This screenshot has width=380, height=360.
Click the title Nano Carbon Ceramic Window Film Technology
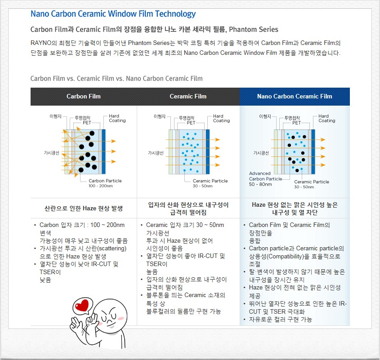point(113,14)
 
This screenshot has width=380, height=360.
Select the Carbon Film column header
point(84,96)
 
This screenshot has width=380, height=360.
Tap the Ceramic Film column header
point(188,96)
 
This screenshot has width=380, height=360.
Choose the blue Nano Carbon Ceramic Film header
point(295,96)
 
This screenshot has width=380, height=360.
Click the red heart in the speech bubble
point(82,307)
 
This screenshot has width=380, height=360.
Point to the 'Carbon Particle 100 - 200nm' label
point(105,183)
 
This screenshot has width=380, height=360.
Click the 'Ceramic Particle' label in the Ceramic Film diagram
point(210,181)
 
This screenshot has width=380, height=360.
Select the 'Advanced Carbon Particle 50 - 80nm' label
point(265,178)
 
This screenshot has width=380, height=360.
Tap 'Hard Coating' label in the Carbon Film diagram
point(117,119)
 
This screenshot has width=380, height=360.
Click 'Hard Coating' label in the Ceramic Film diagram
point(221,119)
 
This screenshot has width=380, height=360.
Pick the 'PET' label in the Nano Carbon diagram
point(296,122)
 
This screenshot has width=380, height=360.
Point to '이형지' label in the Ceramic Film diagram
point(160,116)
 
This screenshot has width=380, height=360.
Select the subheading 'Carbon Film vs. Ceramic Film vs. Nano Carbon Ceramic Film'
point(116,79)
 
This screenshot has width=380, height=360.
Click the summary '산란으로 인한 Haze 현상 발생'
point(84,209)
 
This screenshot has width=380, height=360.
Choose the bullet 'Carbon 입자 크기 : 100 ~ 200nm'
point(82,225)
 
